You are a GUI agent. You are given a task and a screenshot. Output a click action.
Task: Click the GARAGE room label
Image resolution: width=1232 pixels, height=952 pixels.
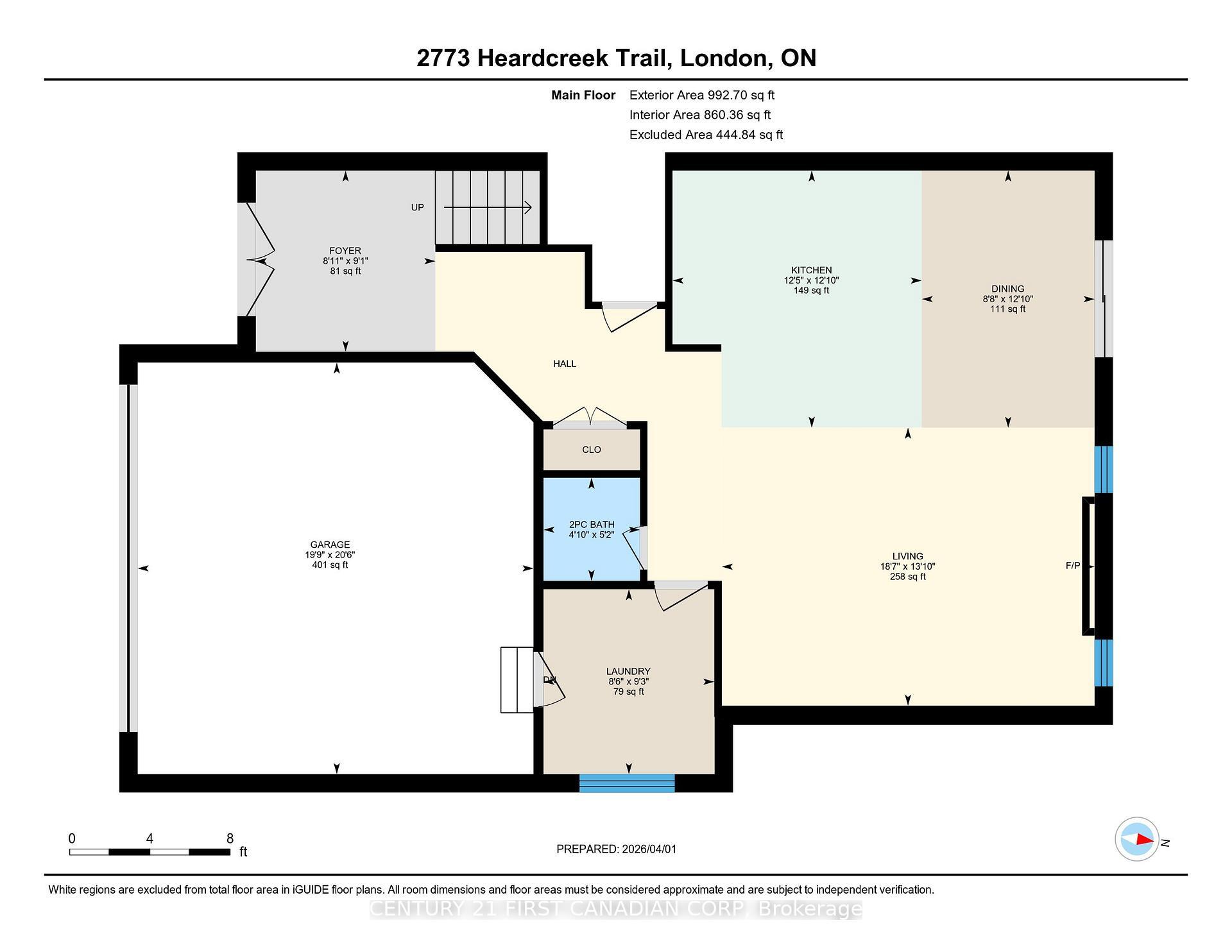(x=330, y=544)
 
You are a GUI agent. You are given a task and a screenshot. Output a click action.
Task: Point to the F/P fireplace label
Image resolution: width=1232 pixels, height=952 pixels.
(x=1072, y=565)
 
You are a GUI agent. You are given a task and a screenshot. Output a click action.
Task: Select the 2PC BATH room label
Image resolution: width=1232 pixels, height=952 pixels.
(x=591, y=524)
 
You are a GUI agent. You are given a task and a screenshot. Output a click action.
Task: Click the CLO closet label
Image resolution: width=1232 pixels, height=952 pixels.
(x=591, y=450)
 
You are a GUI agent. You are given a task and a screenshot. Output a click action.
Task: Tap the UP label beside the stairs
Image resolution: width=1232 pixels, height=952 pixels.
(x=417, y=207)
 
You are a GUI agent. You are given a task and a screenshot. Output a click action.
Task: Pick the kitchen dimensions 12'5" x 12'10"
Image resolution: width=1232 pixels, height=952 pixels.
(x=811, y=280)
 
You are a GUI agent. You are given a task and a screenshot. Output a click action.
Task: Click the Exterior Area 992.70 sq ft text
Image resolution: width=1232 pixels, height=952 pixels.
(x=701, y=95)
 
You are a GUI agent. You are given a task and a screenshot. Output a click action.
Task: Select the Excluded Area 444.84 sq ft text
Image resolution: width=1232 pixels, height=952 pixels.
(x=706, y=135)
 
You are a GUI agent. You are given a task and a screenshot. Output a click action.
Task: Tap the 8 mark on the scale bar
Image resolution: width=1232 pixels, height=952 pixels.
(x=230, y=838)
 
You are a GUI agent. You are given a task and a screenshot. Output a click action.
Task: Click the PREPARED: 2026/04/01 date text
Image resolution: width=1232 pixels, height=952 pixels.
(x=616, y=849)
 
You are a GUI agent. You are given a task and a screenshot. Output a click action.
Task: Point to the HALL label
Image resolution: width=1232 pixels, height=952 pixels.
(x=565, y=364)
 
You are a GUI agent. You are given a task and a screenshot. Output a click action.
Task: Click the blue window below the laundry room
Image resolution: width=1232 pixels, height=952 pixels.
(x=627, y=783)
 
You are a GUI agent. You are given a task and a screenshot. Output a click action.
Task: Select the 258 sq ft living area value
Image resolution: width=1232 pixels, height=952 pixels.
(x=907, y=576)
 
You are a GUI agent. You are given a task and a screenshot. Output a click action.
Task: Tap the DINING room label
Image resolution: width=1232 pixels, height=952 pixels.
(x=1007, y=289)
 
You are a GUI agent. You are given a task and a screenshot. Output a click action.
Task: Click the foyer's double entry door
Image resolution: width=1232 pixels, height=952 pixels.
(x=260, y=260)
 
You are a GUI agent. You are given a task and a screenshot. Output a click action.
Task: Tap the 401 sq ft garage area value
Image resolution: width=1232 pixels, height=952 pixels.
(x=330, y=565)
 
